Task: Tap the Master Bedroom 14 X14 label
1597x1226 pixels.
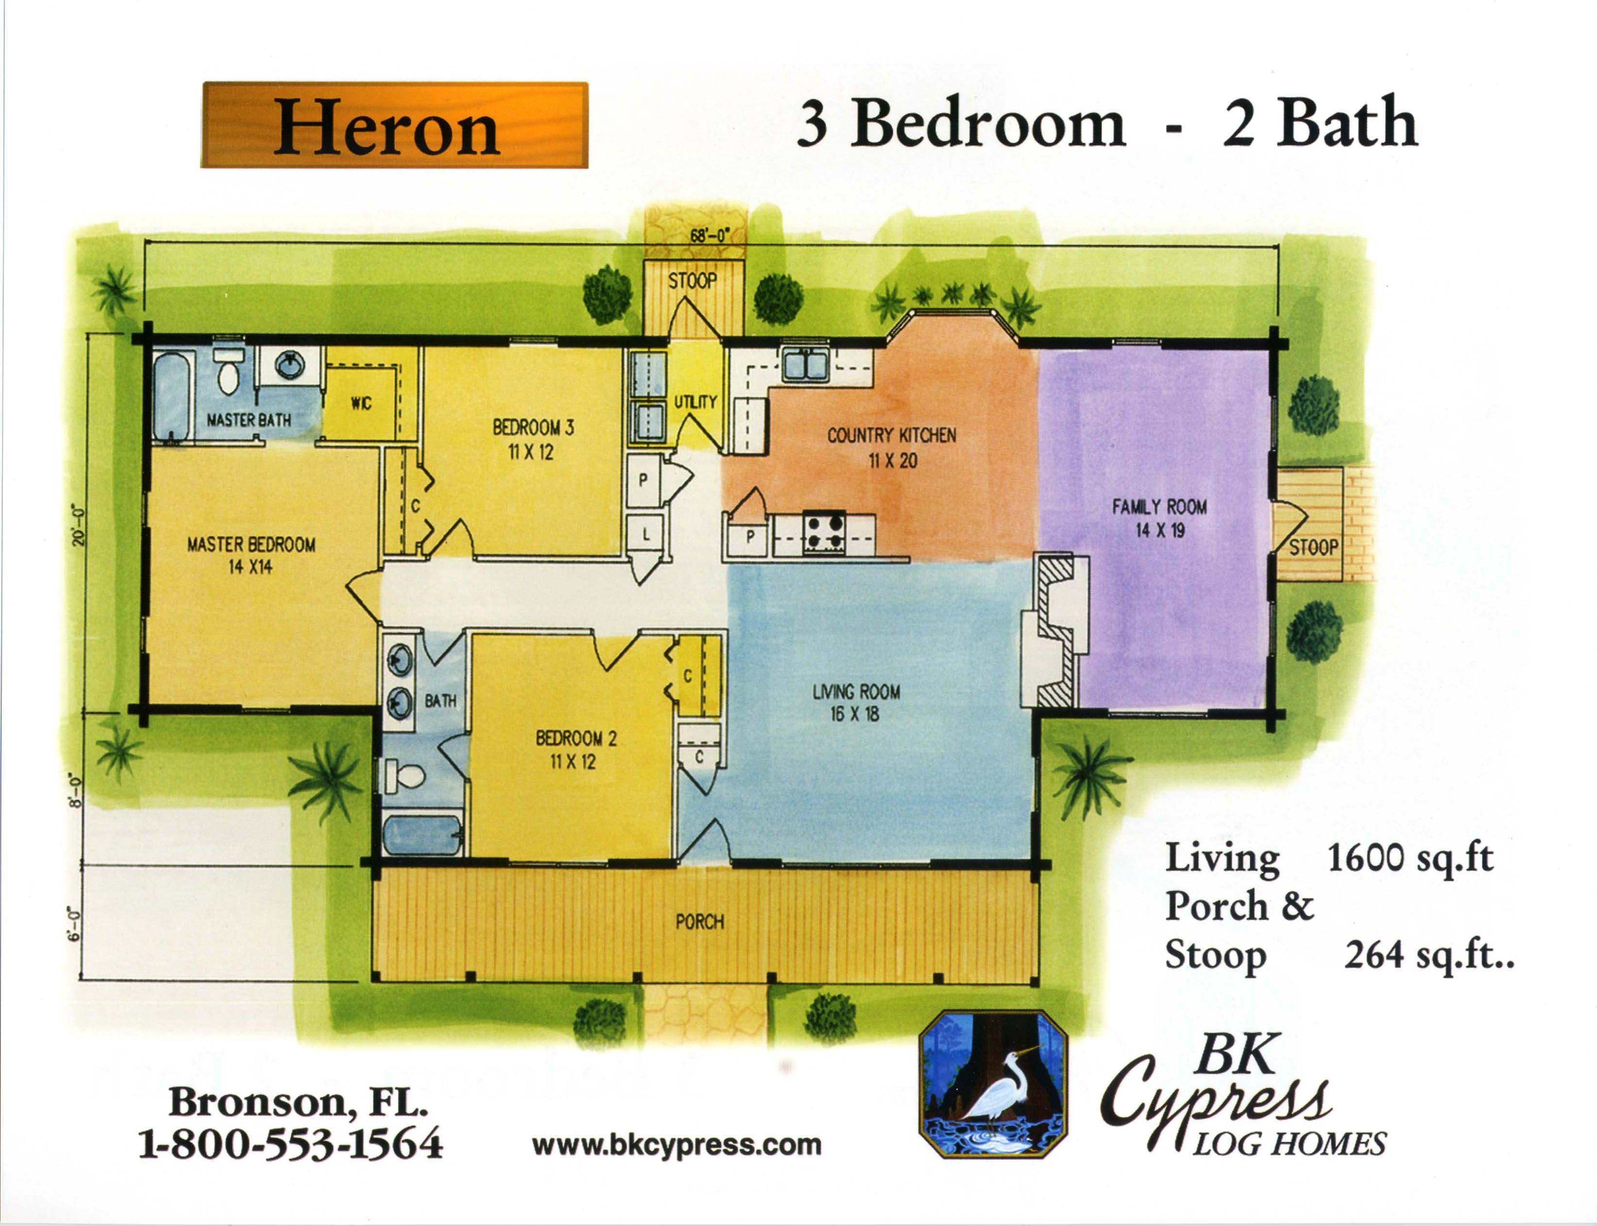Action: (251, 555)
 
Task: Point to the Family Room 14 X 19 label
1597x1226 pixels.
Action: (1159, 517)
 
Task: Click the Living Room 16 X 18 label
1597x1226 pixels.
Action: (856, 702)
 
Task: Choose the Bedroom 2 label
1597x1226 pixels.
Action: (576, 749)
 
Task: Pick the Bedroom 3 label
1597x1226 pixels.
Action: (533, 439)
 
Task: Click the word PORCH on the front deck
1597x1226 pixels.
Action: (699, 922)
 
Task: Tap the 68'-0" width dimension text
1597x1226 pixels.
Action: (709, 236)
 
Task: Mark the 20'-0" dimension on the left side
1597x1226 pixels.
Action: (80, 525)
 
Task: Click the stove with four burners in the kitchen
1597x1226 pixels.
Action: (824, 532)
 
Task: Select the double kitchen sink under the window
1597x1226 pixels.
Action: (805, 364)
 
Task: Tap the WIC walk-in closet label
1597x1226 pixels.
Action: (361, 404)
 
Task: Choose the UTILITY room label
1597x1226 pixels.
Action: (695, 401)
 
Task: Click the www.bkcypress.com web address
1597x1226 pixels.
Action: (676, 1145)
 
